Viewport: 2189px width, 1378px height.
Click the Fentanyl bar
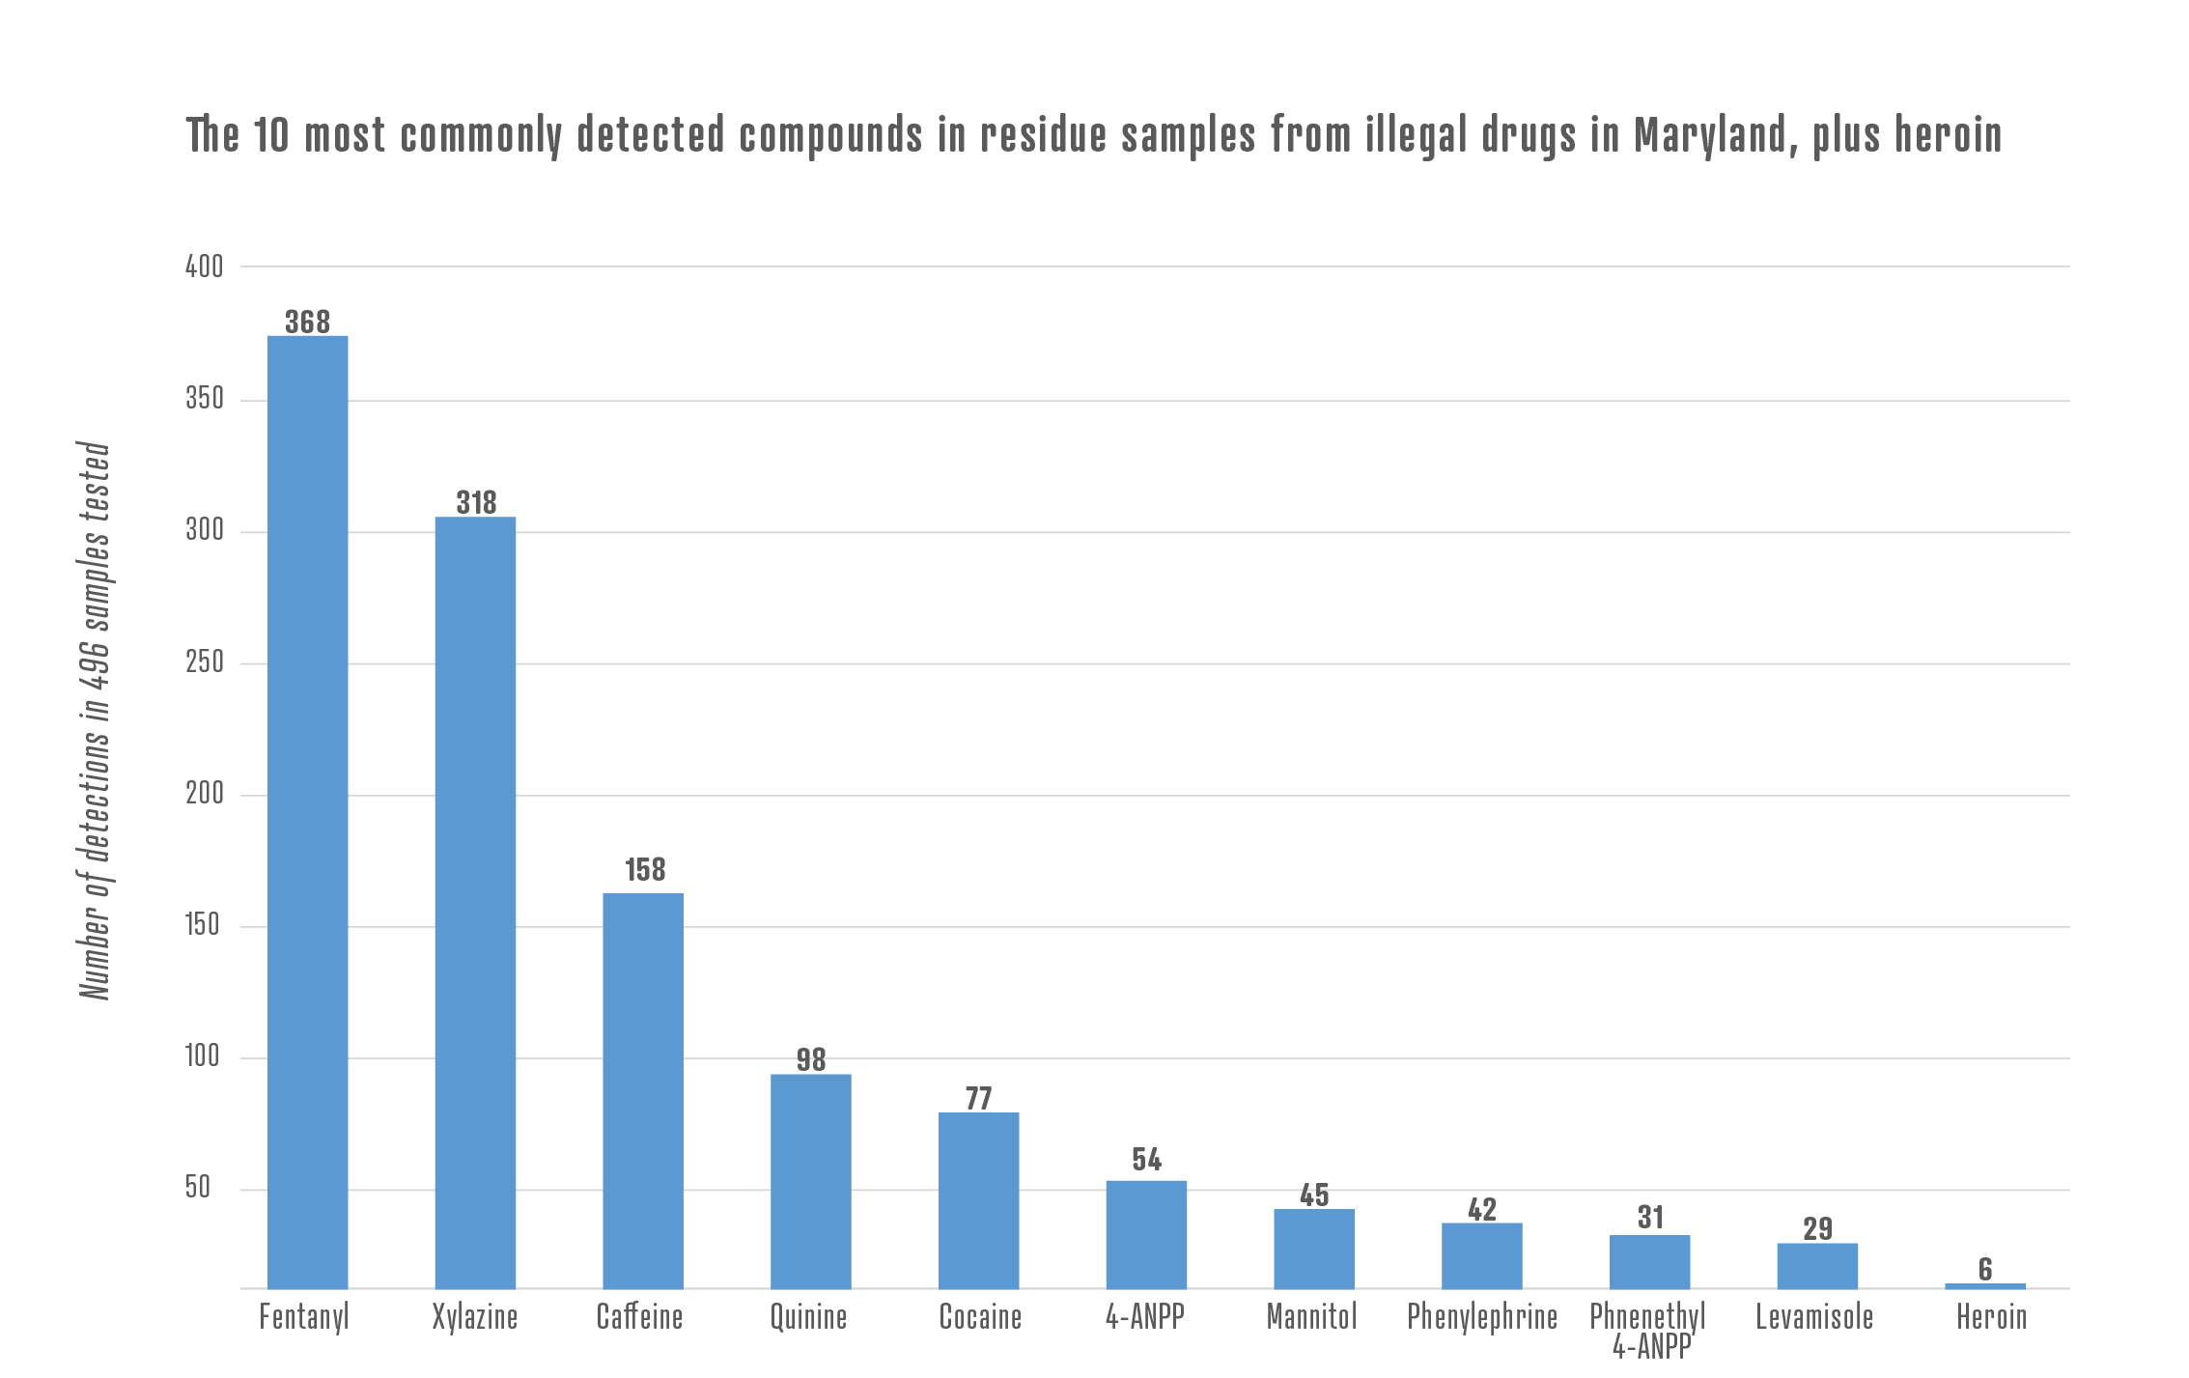tap(307, 811)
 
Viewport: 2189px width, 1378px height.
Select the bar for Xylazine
tap(475, 902)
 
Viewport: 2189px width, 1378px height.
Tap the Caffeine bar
tap(643, 1090)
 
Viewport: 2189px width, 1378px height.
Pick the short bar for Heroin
tap(1984, 1285)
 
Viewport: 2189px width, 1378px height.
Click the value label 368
tap(307, 322)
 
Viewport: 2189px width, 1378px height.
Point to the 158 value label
tap(645, 870)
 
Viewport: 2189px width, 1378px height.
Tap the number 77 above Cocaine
tap(978, 1098)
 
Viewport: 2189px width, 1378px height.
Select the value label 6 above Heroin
tap(1985, 1269)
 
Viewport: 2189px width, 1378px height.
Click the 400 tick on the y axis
tap(204, 267)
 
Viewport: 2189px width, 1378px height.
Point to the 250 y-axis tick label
tap(204, 662)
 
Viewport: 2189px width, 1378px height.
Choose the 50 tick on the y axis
tap(198, 1188)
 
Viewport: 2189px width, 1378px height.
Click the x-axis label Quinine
tap(808, 1317)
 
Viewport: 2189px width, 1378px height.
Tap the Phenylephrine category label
tap(1482, 1317)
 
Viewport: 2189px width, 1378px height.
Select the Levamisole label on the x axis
tap(1814, 1317)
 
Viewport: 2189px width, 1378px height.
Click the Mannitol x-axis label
tap(1311, 1317)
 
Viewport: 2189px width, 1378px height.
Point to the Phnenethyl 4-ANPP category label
tap(1649, 1330)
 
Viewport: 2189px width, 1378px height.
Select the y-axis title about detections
tap(95, 720)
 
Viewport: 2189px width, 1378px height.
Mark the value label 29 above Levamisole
tap(1817, 1228)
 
